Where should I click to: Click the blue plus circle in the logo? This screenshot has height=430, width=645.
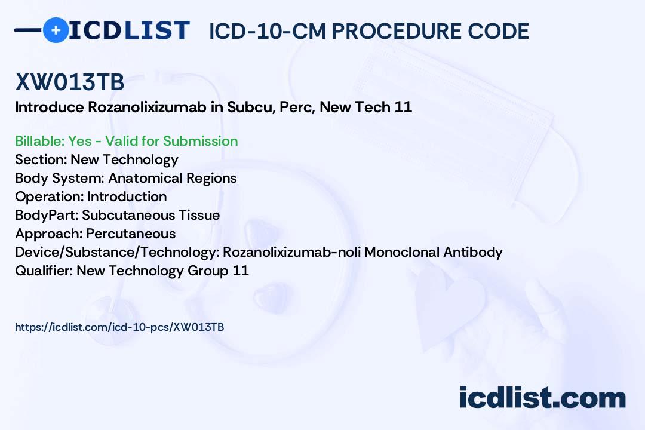(x=56, y=30)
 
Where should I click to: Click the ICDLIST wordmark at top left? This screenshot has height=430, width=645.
(x=129, y=30)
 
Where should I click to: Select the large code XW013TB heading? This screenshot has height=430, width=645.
(x=70, y=83)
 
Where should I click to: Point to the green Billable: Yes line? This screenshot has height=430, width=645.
(x=126, y=141)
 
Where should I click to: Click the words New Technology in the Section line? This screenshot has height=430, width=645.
(x=124, y=159)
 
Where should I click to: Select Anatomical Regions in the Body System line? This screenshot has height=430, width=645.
(x=172, y=178)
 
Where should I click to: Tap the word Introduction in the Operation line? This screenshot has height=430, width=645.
(x=127, y=196)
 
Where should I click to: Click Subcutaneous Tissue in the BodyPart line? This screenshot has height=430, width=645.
(x=150, y=215)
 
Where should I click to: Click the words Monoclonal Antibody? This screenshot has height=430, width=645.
(x=433, y=252)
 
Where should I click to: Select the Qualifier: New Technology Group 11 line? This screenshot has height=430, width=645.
(x=131, y=271)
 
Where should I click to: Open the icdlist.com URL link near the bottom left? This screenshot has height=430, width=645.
(x=119, y=327)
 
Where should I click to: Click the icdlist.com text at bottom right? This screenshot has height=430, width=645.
(x=542, y=397)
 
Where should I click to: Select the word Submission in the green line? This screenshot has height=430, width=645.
(x=200, y=141)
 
